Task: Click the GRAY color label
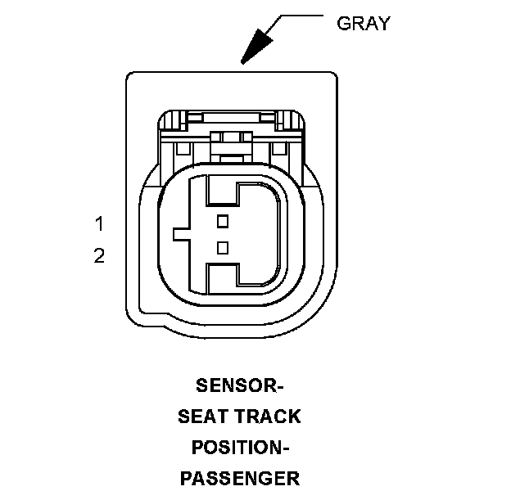pyautogui.click(x=363, y=23)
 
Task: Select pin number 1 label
pyautogui.click(x=99, y=223)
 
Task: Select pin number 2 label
pyautogui.click(x=99, y=256)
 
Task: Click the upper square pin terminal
pyautogui.click(x=222, y=220)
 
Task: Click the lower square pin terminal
pyautogui.click(x=222, y=247)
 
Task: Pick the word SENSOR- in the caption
pyautogui.click(x=239, y=385)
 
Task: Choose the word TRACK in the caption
pyautogui.click(x=268, y=417)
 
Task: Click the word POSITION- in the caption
pyautogui.click(x=239, y=448)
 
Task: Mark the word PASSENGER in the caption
pyautogui.click(x=239, y=478)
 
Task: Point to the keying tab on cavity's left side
pyautogui.click(x=181, y=234)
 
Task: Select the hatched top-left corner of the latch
pyautogui.click(x=170, y=124)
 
